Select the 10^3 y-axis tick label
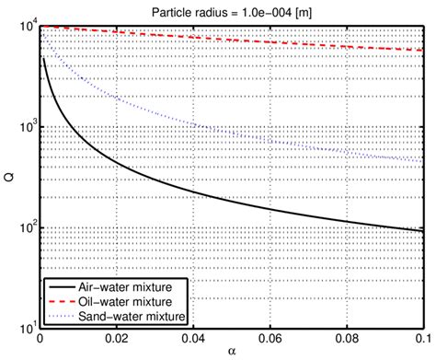(25, 126)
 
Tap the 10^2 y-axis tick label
(25, 226)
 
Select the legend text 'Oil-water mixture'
(128, 302)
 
